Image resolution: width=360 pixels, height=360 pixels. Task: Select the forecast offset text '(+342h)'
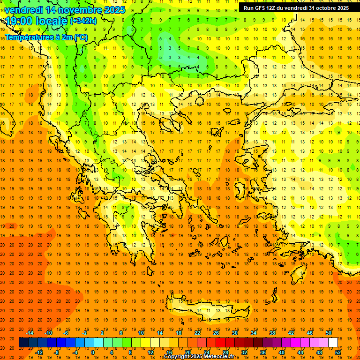pyautogui.click(x=83, y=21)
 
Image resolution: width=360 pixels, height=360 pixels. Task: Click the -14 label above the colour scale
pyautogui.click(x=30, y=333)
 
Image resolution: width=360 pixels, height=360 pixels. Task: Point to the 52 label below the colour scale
pyautogui.click(x=338, y=352)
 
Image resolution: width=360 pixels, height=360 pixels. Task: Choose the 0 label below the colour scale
pyautogui.click(x=92, y=352)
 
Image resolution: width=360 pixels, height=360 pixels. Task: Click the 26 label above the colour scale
pyautogui.click(x=216, y=333)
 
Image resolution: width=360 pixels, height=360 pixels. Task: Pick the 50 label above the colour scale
pyautogui.click(x=329, y=333)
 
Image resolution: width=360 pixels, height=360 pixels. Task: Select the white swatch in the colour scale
pyautogui.click(x=333, y=343)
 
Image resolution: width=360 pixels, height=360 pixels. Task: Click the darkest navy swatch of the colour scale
pyautogui.click(x=23, y=343)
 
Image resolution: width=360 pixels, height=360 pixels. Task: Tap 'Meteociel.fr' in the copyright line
pyautogui.click(x=218, y=357)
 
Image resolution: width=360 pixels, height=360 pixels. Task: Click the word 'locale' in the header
pyautogui.click(x=51, y=21)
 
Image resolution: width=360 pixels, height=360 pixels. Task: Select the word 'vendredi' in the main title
pyautogui.click(x=24, y=10)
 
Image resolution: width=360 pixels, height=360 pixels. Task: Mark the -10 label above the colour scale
pyautogui.click(x=48, y=333)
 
